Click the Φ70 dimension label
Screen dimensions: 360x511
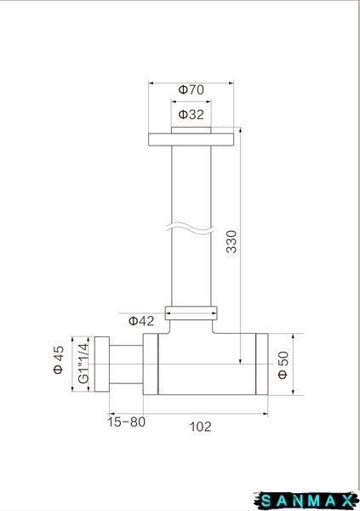pos(191,89)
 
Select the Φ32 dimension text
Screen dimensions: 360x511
pos(191,114)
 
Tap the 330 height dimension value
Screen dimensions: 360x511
pos(231,242)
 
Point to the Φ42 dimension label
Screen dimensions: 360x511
pos(141,321)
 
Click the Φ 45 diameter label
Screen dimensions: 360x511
pos(59,359)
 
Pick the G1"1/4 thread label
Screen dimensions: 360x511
pos(83,364)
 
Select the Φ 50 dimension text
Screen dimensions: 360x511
pos(283,365)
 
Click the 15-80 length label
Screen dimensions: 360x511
pos(127,422)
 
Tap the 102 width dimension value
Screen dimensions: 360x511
pos(200,427)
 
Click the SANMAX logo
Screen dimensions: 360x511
pos(306,500)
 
